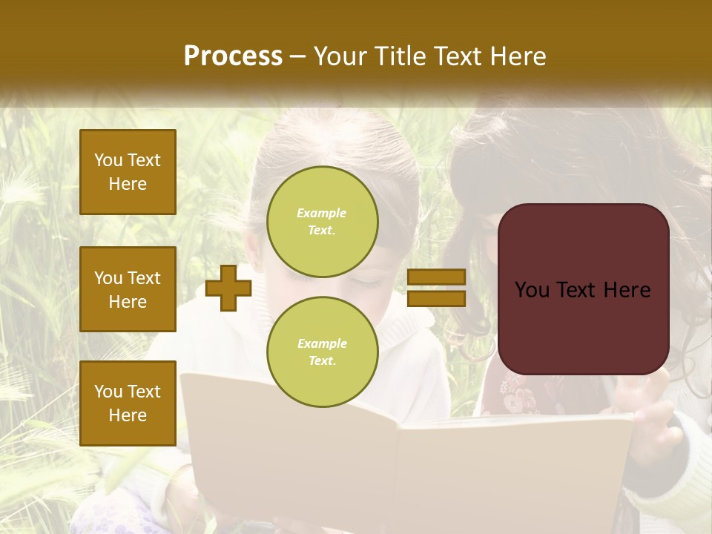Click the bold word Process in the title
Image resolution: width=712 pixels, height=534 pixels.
(x=233, y=56)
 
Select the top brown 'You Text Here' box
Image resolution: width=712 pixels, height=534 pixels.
(x=128, y=172)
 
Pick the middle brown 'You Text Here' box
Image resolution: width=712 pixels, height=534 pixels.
(x=128, y=289)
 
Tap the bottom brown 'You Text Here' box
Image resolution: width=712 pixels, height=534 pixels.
(x=128, y=403)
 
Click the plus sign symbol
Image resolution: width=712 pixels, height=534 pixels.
(x=228, y=288)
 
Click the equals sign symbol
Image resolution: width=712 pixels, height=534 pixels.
(x=436, y=288)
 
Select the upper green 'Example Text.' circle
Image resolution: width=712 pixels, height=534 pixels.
(x=323, y=222)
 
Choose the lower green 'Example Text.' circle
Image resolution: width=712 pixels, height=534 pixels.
(x=323, y=352)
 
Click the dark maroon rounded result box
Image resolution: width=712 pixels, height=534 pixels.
(x=583, y=289)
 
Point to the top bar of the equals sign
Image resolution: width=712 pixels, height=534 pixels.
(x=436, y=277)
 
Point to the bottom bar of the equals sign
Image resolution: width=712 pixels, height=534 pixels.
(x=436, y=298)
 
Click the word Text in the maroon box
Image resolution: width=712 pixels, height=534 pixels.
(x=581, y=290)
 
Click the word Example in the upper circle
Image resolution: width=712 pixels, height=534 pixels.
(x=321, y=214)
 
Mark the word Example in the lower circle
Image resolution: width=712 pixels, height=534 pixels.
(x=322, y=344)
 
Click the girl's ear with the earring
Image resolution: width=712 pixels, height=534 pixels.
(x=257, y=263)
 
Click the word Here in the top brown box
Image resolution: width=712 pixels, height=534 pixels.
(x=128, y=184)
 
